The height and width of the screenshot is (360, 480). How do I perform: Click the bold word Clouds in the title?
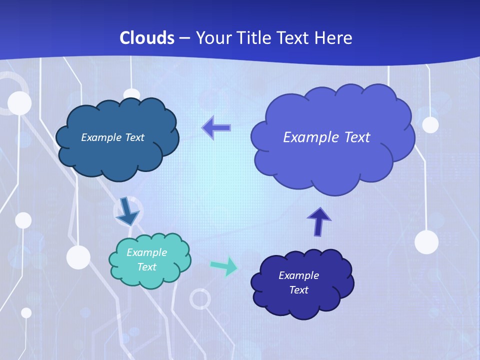click(x=147, y=38)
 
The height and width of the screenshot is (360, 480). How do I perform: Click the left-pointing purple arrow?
click(x=216, y=128)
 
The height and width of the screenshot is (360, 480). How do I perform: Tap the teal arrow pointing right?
click(x=224, y=266)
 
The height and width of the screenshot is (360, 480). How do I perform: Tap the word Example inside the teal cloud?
click(x=146, y=252)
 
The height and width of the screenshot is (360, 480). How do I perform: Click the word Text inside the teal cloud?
click(x=146, y=267)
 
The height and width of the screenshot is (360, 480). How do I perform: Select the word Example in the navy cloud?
click(x=298, y=275)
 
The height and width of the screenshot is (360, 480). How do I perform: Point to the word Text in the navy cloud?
click(x=298, y=290)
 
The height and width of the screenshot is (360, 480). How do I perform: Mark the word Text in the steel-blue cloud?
click(x=133, y=137)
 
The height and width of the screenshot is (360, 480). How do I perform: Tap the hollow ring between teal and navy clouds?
click(x=200, y=299)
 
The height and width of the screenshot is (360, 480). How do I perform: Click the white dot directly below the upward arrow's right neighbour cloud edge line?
click(x=426, y=242)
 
